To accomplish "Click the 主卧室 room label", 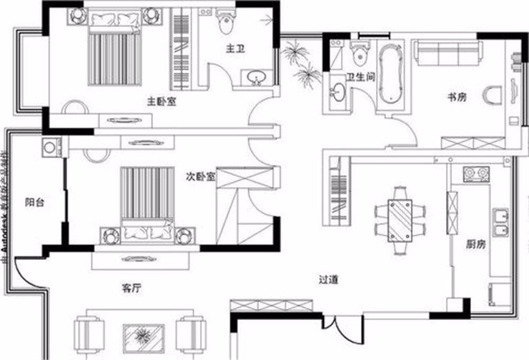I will (162, 101).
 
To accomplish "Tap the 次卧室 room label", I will (201, 176).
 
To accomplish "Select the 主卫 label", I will (236, 49).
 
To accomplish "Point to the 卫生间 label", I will (361, 78).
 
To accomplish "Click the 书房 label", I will (458, 97).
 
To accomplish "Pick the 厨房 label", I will (476, 244).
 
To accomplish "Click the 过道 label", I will (329, 281).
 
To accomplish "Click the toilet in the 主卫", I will (227, 24).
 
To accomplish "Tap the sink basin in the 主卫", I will (255, 78).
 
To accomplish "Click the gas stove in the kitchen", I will (475, 173).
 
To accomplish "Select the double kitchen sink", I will (500, 220).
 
